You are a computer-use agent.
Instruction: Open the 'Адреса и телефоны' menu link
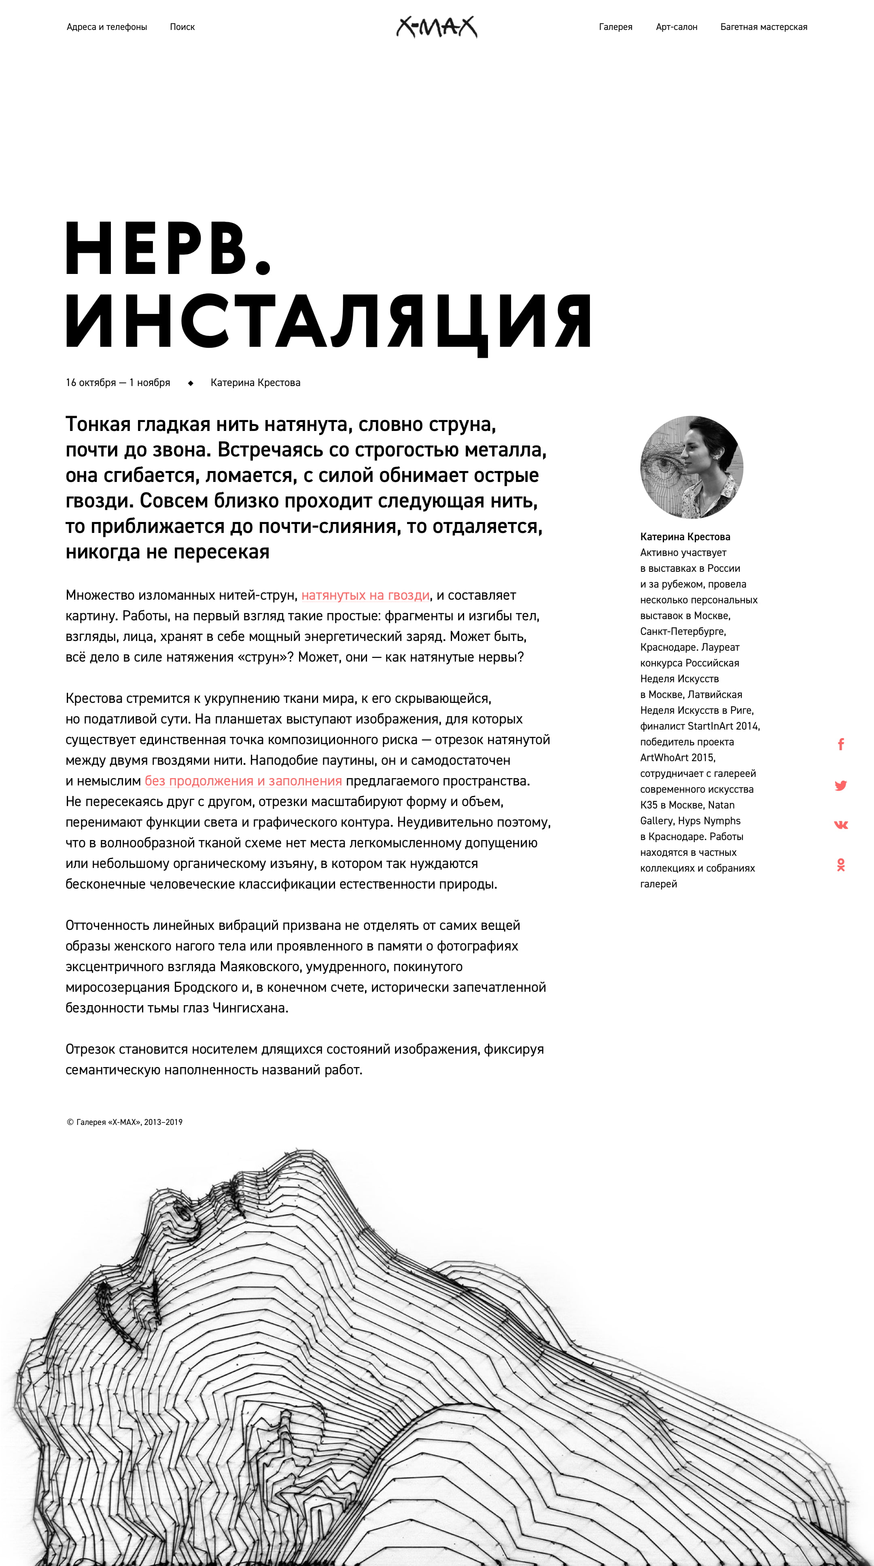click(x=107, y=27)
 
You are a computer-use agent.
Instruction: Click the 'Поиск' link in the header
click(x=182, y=27)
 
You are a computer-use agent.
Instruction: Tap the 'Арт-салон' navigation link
click(x=677, y=27)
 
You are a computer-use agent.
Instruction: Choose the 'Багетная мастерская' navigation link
click(x=764, y=27)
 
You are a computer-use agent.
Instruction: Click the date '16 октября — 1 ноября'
click(x=118, y=382)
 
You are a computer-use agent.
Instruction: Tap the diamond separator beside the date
click(x=190, y=383)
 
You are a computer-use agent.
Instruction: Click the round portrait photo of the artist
click(x=692, y=467)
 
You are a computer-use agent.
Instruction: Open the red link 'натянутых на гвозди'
click(x=365, y=595)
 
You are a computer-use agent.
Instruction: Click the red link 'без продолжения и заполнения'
click(x=243, y=781)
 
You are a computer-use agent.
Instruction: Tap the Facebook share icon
click(x=840, y=744)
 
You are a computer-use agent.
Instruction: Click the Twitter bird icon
click(x=840, y=785)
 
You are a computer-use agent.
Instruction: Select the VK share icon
click(x=840, y=825)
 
